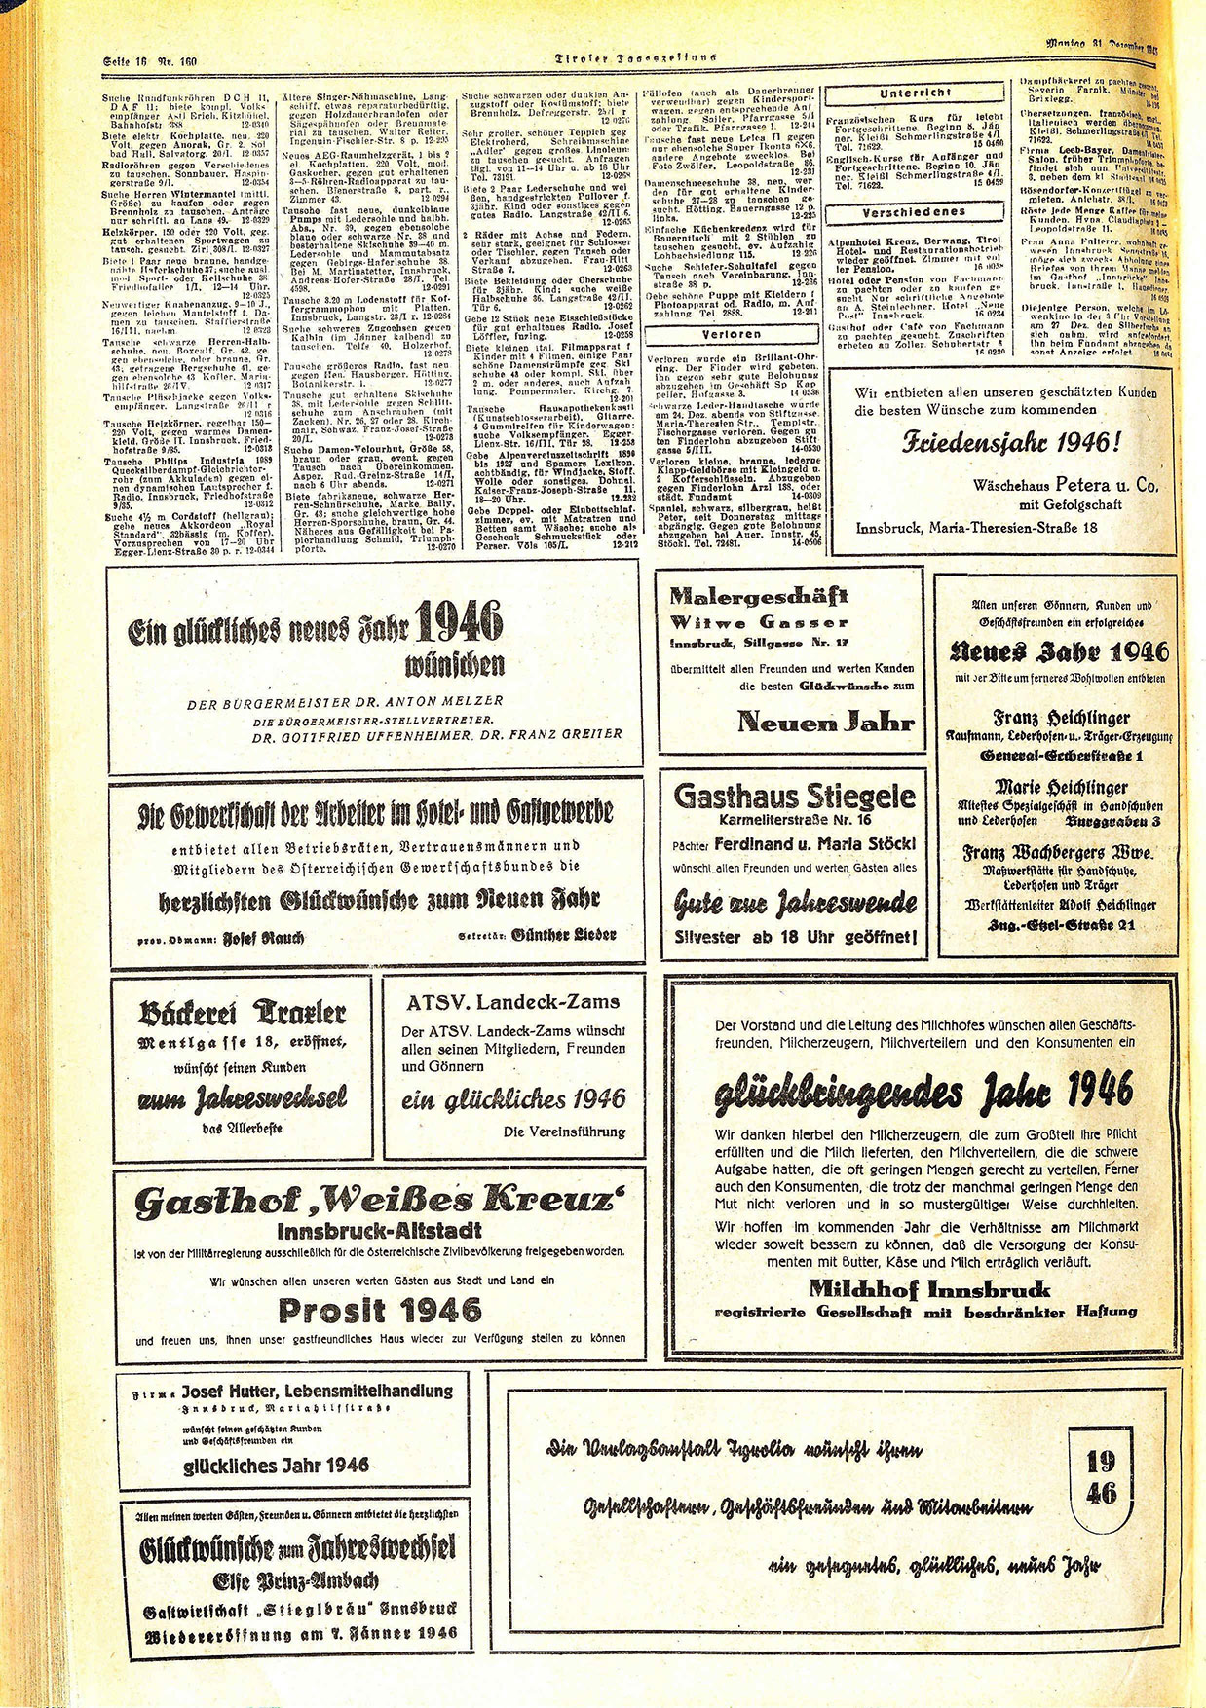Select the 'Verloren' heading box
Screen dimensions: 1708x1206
[732, 334]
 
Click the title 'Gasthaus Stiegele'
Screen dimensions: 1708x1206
[794, 796]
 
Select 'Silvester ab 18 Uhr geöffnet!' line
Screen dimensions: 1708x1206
[795, 937]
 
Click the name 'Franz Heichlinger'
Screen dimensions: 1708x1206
[1046, 718]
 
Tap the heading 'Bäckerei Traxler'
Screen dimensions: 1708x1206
[243, 1013]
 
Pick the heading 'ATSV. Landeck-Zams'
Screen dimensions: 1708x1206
[512, 1001]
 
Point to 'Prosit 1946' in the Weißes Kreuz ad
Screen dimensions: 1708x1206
[378, 1310]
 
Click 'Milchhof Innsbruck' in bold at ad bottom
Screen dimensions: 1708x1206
[929, 1289]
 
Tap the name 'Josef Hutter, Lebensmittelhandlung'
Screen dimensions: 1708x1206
[316, 1392]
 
